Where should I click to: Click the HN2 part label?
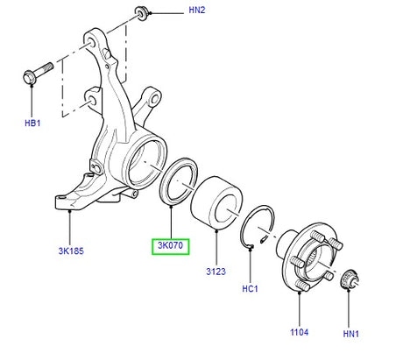[x=197, y=10]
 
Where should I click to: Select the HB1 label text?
[x=32, y=123]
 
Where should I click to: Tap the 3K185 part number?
[x=71, y=251]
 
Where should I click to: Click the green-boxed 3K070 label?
[x=171, y=245]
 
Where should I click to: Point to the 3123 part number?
[x=216, y=272]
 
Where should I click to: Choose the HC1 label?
[x=250, y=289]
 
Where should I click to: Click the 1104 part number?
[x=300, y=332]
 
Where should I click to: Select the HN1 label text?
[x=350, y=334]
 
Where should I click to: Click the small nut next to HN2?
[x=142, y=14]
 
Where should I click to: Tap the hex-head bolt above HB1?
[x=38, y=74]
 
